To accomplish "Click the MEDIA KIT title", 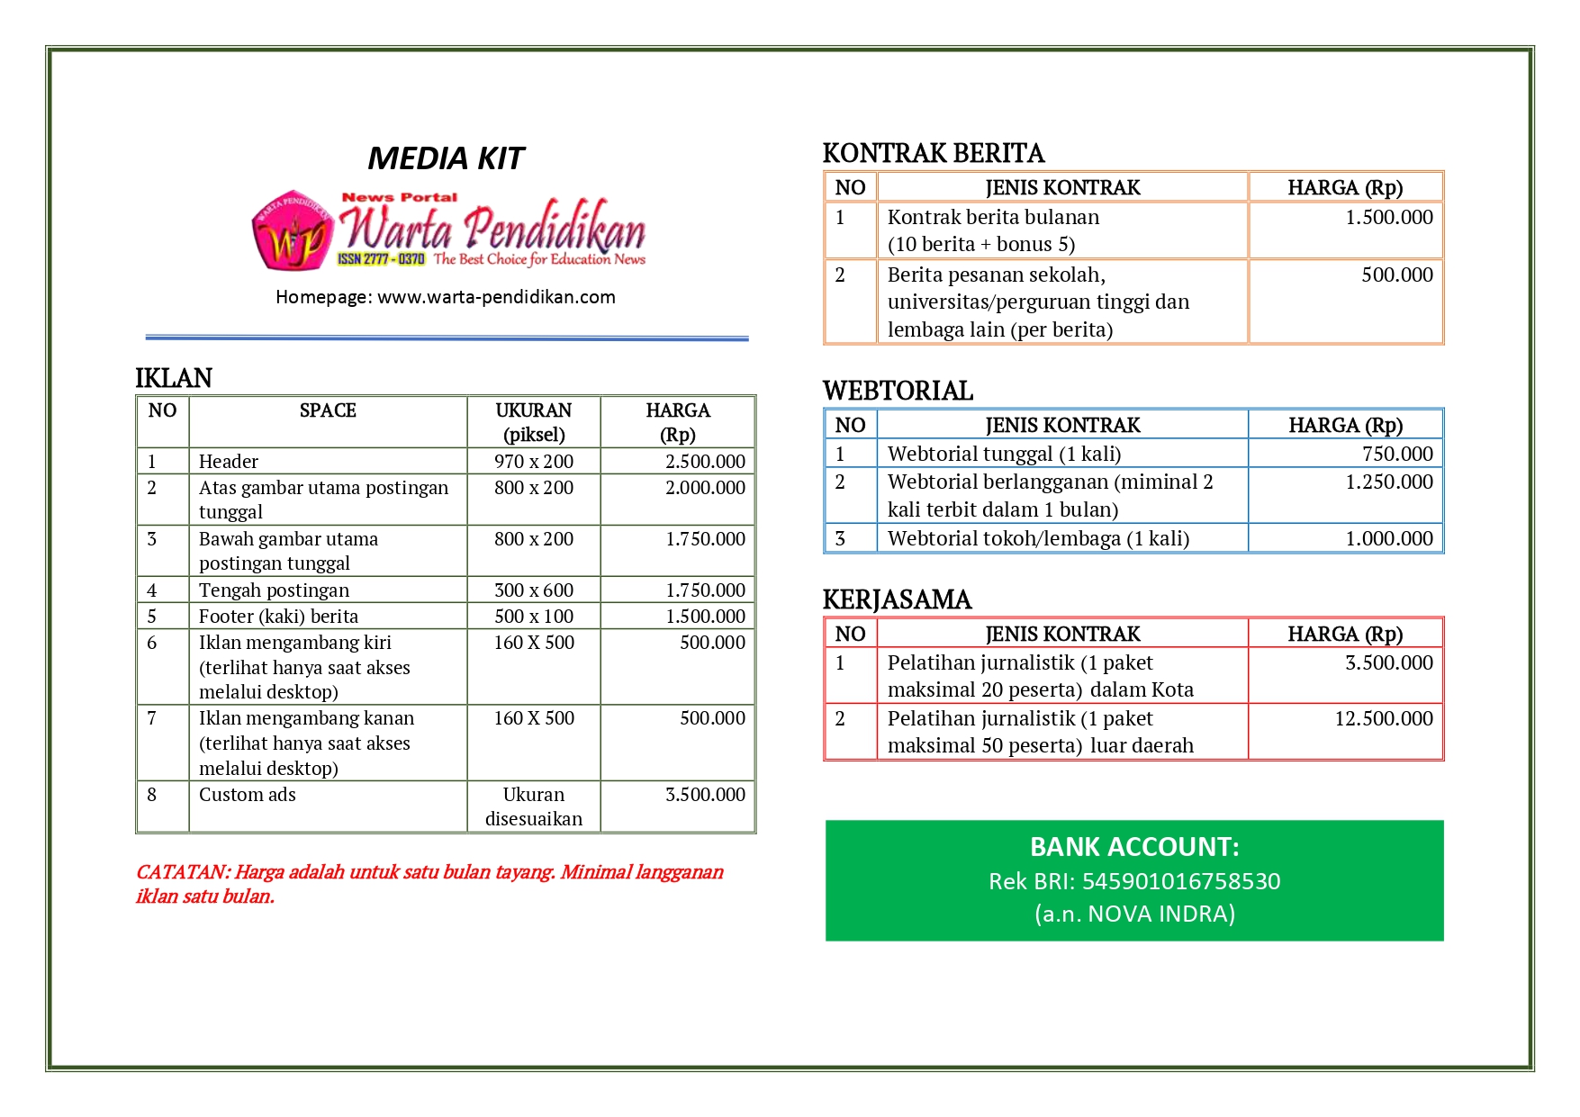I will pyautogui.click(x=446, y=158).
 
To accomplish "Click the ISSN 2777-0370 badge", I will pyautogui.click(x=381, y=259).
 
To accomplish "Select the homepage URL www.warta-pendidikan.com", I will pyautogui.click(x=496, y=297).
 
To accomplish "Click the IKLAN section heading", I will pyautogui.click(x=174, y=378).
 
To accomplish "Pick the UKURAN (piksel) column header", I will pyautogui.click(x=533, y=422).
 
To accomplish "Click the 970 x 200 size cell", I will pyautogui.click(x=533, y=462).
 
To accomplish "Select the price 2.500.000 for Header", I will pyautogui.click(x=705, y=462).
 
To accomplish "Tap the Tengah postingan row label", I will pyautogui.click(x=274, y=590).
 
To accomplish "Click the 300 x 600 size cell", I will pyautogui.click(x=533, y=590).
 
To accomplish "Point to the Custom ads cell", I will pyautogui.click(x=248, y=795).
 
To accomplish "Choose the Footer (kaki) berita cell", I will pyautogui.click(x=278, y=617).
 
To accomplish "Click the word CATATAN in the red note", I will pyautogui.click(x=181, y=872).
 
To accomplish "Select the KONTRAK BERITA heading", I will pyautogui.click(x=934, y=154).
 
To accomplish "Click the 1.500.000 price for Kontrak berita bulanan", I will pyautogui.click(x=1388, y=218).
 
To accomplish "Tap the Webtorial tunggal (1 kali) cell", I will pyautogui.click(x=1004, y=454).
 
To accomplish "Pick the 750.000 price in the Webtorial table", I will pyautogui.click(x=1397, y=454).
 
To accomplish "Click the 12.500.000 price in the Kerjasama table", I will pyautogui.click(x=1384, y=718).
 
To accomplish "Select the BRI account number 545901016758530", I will pyautogui.click(x=1180, y=881).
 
